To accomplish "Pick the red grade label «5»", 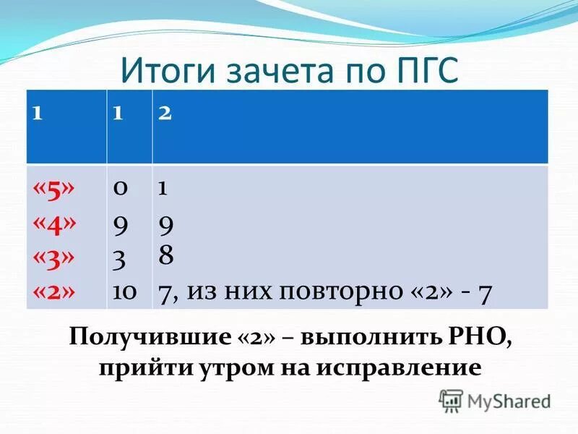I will [x=54, y=188].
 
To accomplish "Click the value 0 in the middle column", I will [x=120, y=188].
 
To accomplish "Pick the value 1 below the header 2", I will [x=163, y=188].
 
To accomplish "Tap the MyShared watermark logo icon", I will [x=452, y=400].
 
